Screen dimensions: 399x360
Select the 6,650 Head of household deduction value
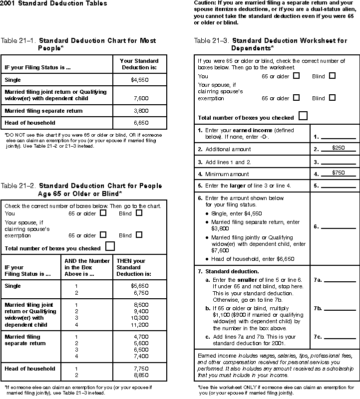click(141, 123)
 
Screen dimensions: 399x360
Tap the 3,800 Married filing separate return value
click(141, 111)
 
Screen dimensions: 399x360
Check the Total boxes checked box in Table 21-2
click(110, 246)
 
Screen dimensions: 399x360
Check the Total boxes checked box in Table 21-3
click(303, 116)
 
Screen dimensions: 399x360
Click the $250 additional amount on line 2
click(339, 148)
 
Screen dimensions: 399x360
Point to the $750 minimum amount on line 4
click(339, 173)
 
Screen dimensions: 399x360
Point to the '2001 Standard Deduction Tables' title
click(53, 3)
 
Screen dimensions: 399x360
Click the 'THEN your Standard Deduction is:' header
click(131, 267)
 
